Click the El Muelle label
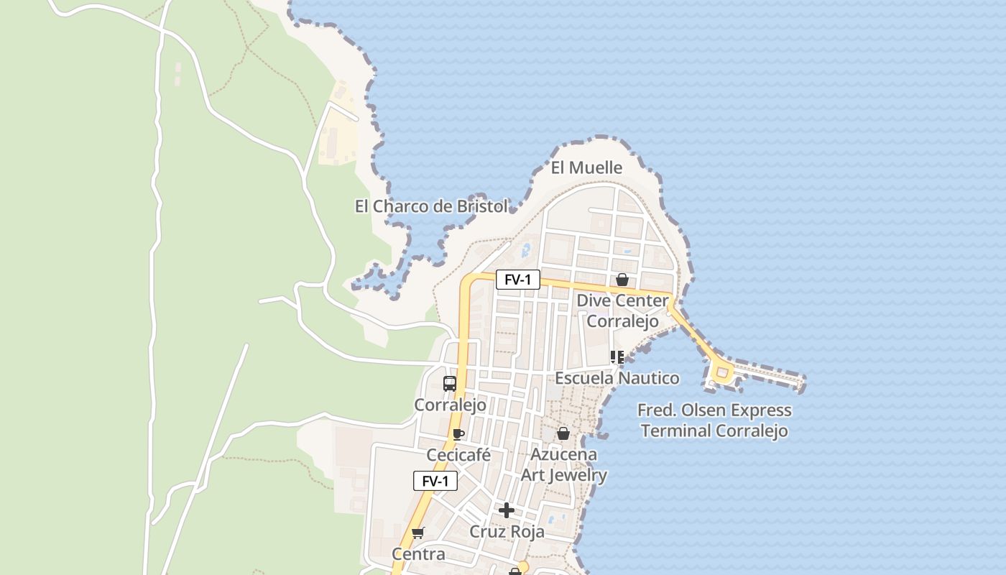pos(586,167)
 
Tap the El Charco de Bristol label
pos(431,206)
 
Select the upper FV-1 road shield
pos(517,280)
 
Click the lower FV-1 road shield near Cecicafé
pos(435,482)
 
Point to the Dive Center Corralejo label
pos(622,310)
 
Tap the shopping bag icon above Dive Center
pos(622,280)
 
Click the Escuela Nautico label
pos(617,378)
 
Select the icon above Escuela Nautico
pos(617,356)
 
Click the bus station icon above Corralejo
pos(450,384)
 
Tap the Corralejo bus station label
pos(450,405)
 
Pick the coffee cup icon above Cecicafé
pos(458,434)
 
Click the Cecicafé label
pos(458,455)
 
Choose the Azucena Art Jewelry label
pos(563,465)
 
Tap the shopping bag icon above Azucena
pos(563,433)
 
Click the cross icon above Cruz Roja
pos(507,510)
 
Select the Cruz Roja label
pos(507,532)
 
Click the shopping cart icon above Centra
pos(418,533)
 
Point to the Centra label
pos(418,554)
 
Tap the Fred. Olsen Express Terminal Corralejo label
pos(714,420)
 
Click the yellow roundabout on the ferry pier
pos(721,373)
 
